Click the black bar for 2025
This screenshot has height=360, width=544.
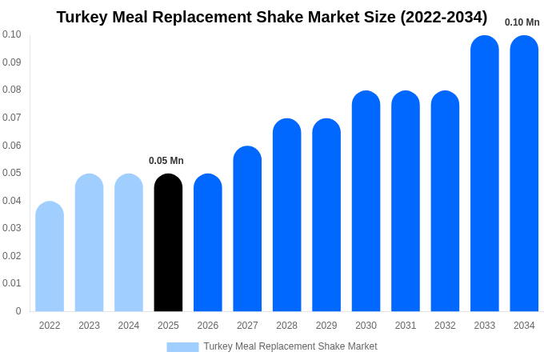click(x=168, y=243)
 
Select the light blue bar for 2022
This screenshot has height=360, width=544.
click(x=50, y=257)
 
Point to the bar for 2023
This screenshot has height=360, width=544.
click(x=89, y=243)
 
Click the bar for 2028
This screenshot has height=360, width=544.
click(x=286, y=215)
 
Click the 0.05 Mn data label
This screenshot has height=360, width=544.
click(x=166, y=161)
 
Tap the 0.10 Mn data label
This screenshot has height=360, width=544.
click(x=522, y=22)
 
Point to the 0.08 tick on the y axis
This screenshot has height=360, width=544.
click(x=12, y=90)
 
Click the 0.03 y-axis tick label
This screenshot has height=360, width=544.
click(x=12, y=228)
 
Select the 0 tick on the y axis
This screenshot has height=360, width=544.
click(x=18, y=311)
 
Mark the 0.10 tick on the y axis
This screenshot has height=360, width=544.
click(x=12, y=34)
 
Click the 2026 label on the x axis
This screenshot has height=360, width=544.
click(x=208, y=326)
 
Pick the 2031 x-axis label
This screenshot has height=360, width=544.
click(x=406, y=326)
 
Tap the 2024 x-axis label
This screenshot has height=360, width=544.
click(x=129, y=326)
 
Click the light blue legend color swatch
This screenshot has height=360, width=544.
click(x=182, y=347)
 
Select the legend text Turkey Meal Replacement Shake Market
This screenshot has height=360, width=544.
click(x=290, y=346)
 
